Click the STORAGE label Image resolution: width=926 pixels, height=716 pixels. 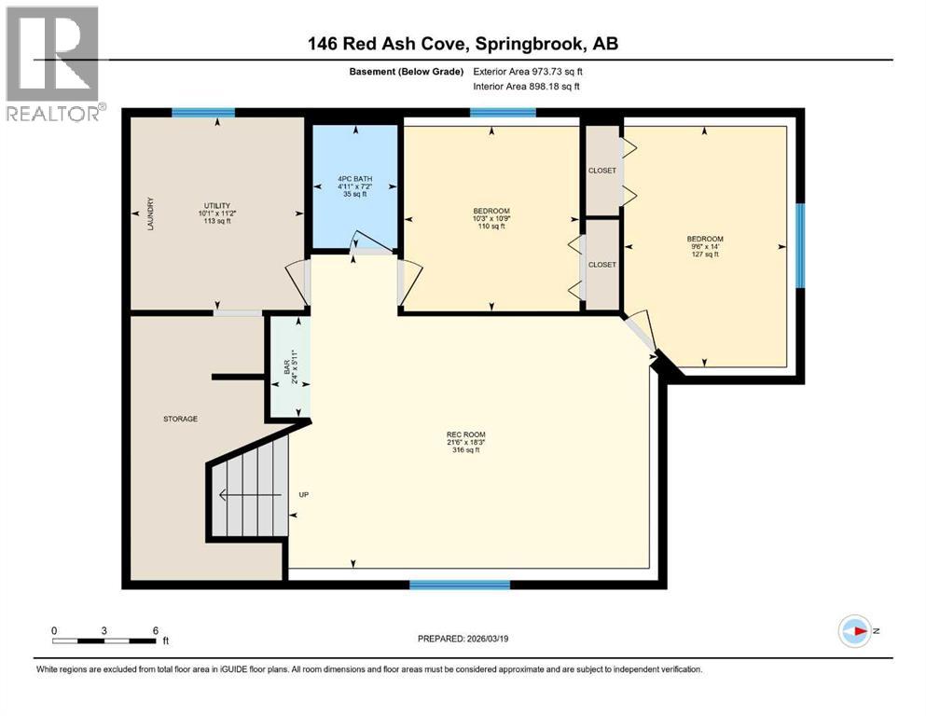point(180,419)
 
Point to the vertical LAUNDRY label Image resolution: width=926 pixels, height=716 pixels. point(149,214)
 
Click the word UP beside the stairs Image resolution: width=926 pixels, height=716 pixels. point(303,494)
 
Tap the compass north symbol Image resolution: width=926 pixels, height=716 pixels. point(854,631)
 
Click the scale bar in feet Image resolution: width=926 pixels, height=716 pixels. point(104,640)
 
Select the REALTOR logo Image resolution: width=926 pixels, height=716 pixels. point(53,63)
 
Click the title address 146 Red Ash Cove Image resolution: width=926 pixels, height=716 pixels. point(463,44)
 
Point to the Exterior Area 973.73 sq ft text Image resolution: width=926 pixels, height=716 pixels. point(532,72)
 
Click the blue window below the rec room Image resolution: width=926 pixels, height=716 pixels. point(460,585)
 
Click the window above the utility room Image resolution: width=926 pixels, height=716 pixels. point(202,113)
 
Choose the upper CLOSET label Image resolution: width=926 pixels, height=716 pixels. point(602,171)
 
